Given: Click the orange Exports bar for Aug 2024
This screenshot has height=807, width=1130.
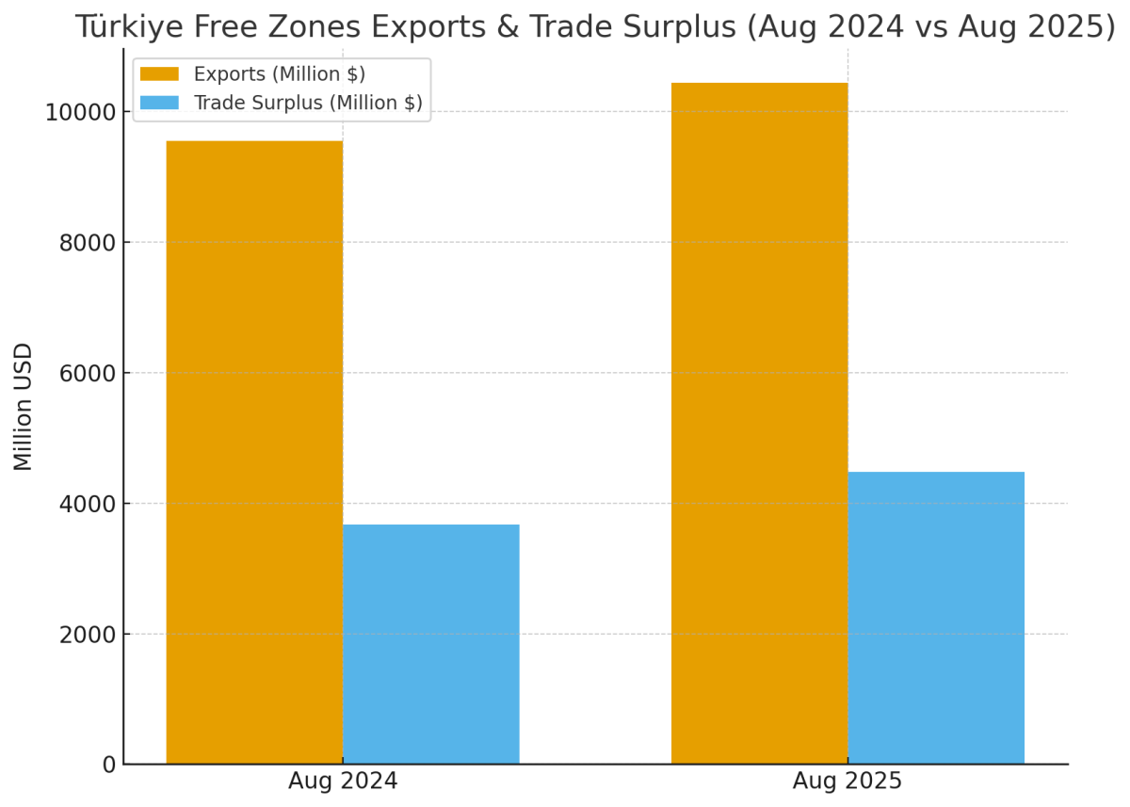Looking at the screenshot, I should pyautogui.click(x=254, y=452).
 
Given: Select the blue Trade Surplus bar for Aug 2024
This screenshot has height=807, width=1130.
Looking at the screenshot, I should pyautogui.click(x=430, y=644).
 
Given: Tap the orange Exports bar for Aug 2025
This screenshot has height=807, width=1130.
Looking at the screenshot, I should pyautogui.click(x=759, y=423).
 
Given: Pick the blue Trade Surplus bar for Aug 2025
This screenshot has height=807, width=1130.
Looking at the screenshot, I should pyautogui.click(x=935, y=618).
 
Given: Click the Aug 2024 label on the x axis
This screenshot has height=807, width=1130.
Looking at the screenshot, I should pyautogui.click(x=343, y=782).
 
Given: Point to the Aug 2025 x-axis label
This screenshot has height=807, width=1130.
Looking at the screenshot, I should pyautogui.click(x=847, y=782).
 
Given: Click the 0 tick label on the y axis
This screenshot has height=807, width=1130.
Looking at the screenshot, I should pyautogui.click(x=109, y=765).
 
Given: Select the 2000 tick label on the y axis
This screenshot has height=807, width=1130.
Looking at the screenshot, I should pyautogui.click(x=88, y=635).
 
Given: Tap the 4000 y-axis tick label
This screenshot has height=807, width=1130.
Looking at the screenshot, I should pyautogui.click(x=88, y=504).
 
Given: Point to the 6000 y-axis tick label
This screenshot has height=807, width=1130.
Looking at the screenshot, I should pyautogui.click(x=88, y=374).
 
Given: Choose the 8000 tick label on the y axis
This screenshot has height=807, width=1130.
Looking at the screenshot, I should pyautogui.click(x=88, y=243).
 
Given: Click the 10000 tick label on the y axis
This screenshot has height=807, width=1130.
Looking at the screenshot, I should pyautogui.click(x=81, y=113).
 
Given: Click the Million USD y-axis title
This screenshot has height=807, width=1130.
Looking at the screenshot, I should pyautogui.click(x=24, y=406).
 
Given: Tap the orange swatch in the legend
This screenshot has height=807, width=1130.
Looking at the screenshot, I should pyautogui.click(x=159, y=73).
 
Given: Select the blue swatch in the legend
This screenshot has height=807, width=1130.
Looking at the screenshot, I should pyautogui.click(x=159, y=103).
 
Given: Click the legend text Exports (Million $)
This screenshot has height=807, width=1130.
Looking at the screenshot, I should pyautogui.click(x=279, y=73).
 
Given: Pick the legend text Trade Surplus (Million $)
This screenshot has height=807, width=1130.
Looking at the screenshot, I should pyautogui.click(x=308, y=103).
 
